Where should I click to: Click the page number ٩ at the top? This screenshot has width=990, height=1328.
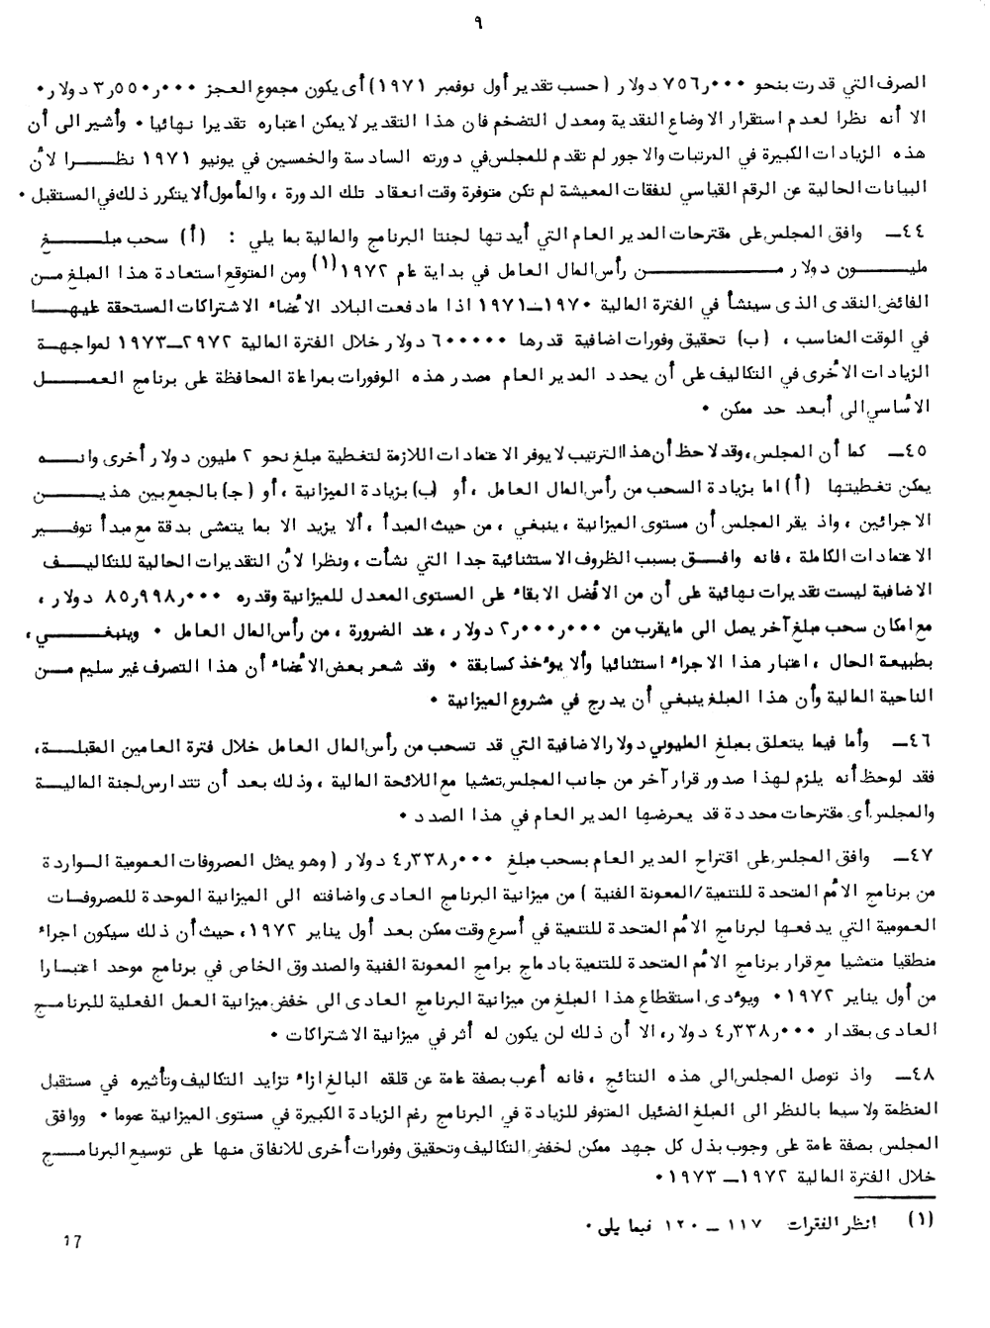pos(491,17)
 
